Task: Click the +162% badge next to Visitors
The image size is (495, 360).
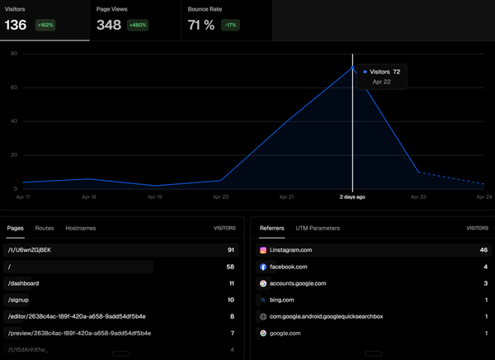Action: pos(45,26)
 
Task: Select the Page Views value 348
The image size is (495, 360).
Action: pos(109,25)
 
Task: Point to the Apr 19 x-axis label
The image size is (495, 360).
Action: pos(155,197)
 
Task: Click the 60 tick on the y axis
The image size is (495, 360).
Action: pos(14,88)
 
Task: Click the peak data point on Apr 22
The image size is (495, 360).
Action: pos(353,67)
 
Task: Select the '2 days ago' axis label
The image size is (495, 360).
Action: pos(352,197)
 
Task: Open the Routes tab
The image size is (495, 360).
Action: pos(45,227)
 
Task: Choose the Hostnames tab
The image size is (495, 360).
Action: pos(81,227)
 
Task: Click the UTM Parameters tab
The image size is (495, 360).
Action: pos(318,227)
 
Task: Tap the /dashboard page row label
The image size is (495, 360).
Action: pos(23,283)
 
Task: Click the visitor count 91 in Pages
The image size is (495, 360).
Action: pos(231,249)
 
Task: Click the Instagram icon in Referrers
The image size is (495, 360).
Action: pos(263,249)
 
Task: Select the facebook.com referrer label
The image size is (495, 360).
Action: pos(290,267)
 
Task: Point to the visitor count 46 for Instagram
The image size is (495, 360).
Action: pos(483,249)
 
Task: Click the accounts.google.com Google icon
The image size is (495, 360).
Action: pos(263,283)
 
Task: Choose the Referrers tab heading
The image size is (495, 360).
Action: pos(272,227)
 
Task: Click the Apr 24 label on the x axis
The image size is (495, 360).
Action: pos(485,197)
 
